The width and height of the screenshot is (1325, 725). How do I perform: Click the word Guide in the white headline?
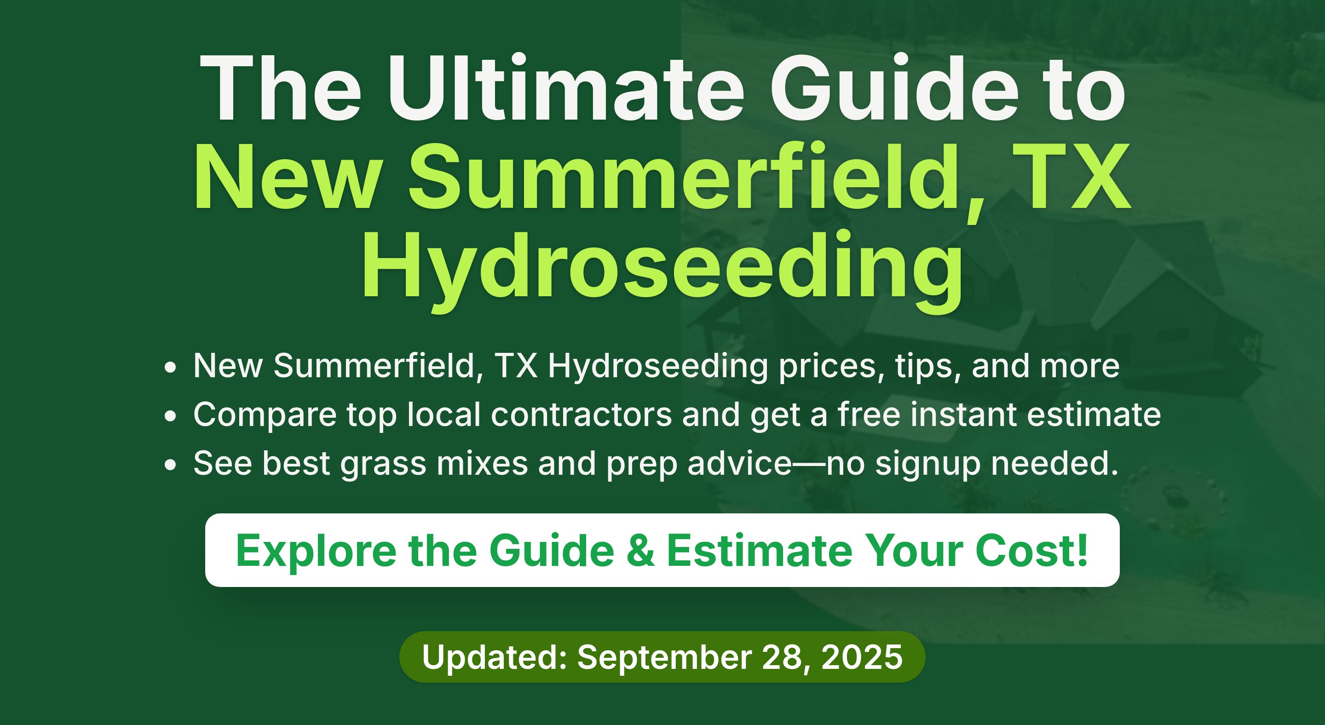894,88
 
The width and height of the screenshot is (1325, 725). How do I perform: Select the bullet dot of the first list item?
170,368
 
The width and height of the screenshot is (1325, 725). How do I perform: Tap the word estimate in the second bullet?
1094,414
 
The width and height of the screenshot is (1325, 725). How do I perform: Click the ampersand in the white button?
641,551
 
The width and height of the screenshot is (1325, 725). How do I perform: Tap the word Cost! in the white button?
1031,551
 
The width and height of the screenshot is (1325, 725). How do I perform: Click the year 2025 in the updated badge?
862,658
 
